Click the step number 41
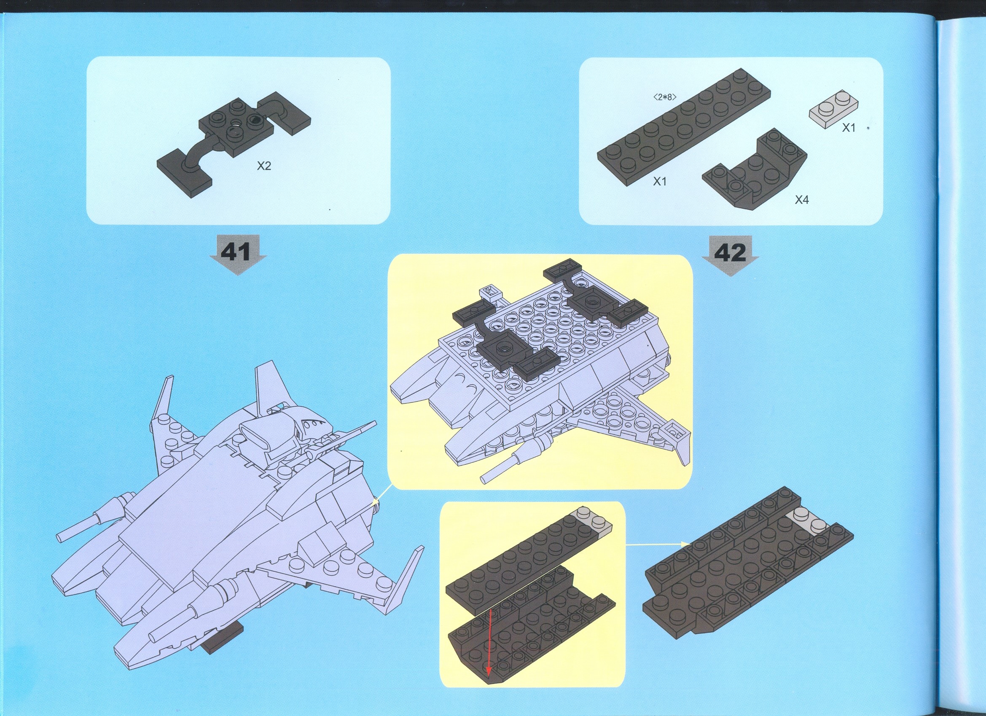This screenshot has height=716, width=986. pyautogui.click(x=236, y=252)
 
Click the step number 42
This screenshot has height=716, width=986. pyautogui.click(x=731, y=252)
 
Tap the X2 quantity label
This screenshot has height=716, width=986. pyautogui.click(x=264, y=166)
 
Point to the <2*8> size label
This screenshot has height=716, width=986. pyautogui.click(x=665, y=97)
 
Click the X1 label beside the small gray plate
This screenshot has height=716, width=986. pyautogui.click(x=849, y=127)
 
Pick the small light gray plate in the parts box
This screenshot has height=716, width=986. pyautogui.click(x=834, y=107)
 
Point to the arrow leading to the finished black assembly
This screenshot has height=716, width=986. pyautogui.click(x=657, y=543)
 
